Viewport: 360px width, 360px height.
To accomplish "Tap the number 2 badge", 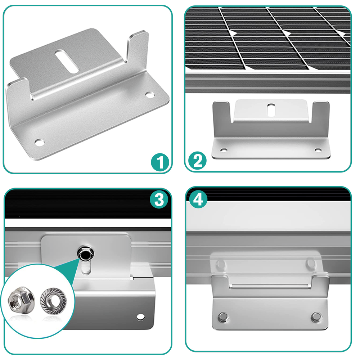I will pos(197,160).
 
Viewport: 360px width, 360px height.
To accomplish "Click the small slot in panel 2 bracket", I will pos(271,109).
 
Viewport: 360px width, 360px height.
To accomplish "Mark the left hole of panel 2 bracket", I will pos(224,149).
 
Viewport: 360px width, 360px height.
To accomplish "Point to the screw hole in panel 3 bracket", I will pos(139,317).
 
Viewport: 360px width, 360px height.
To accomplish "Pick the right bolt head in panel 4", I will pos(315,317).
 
